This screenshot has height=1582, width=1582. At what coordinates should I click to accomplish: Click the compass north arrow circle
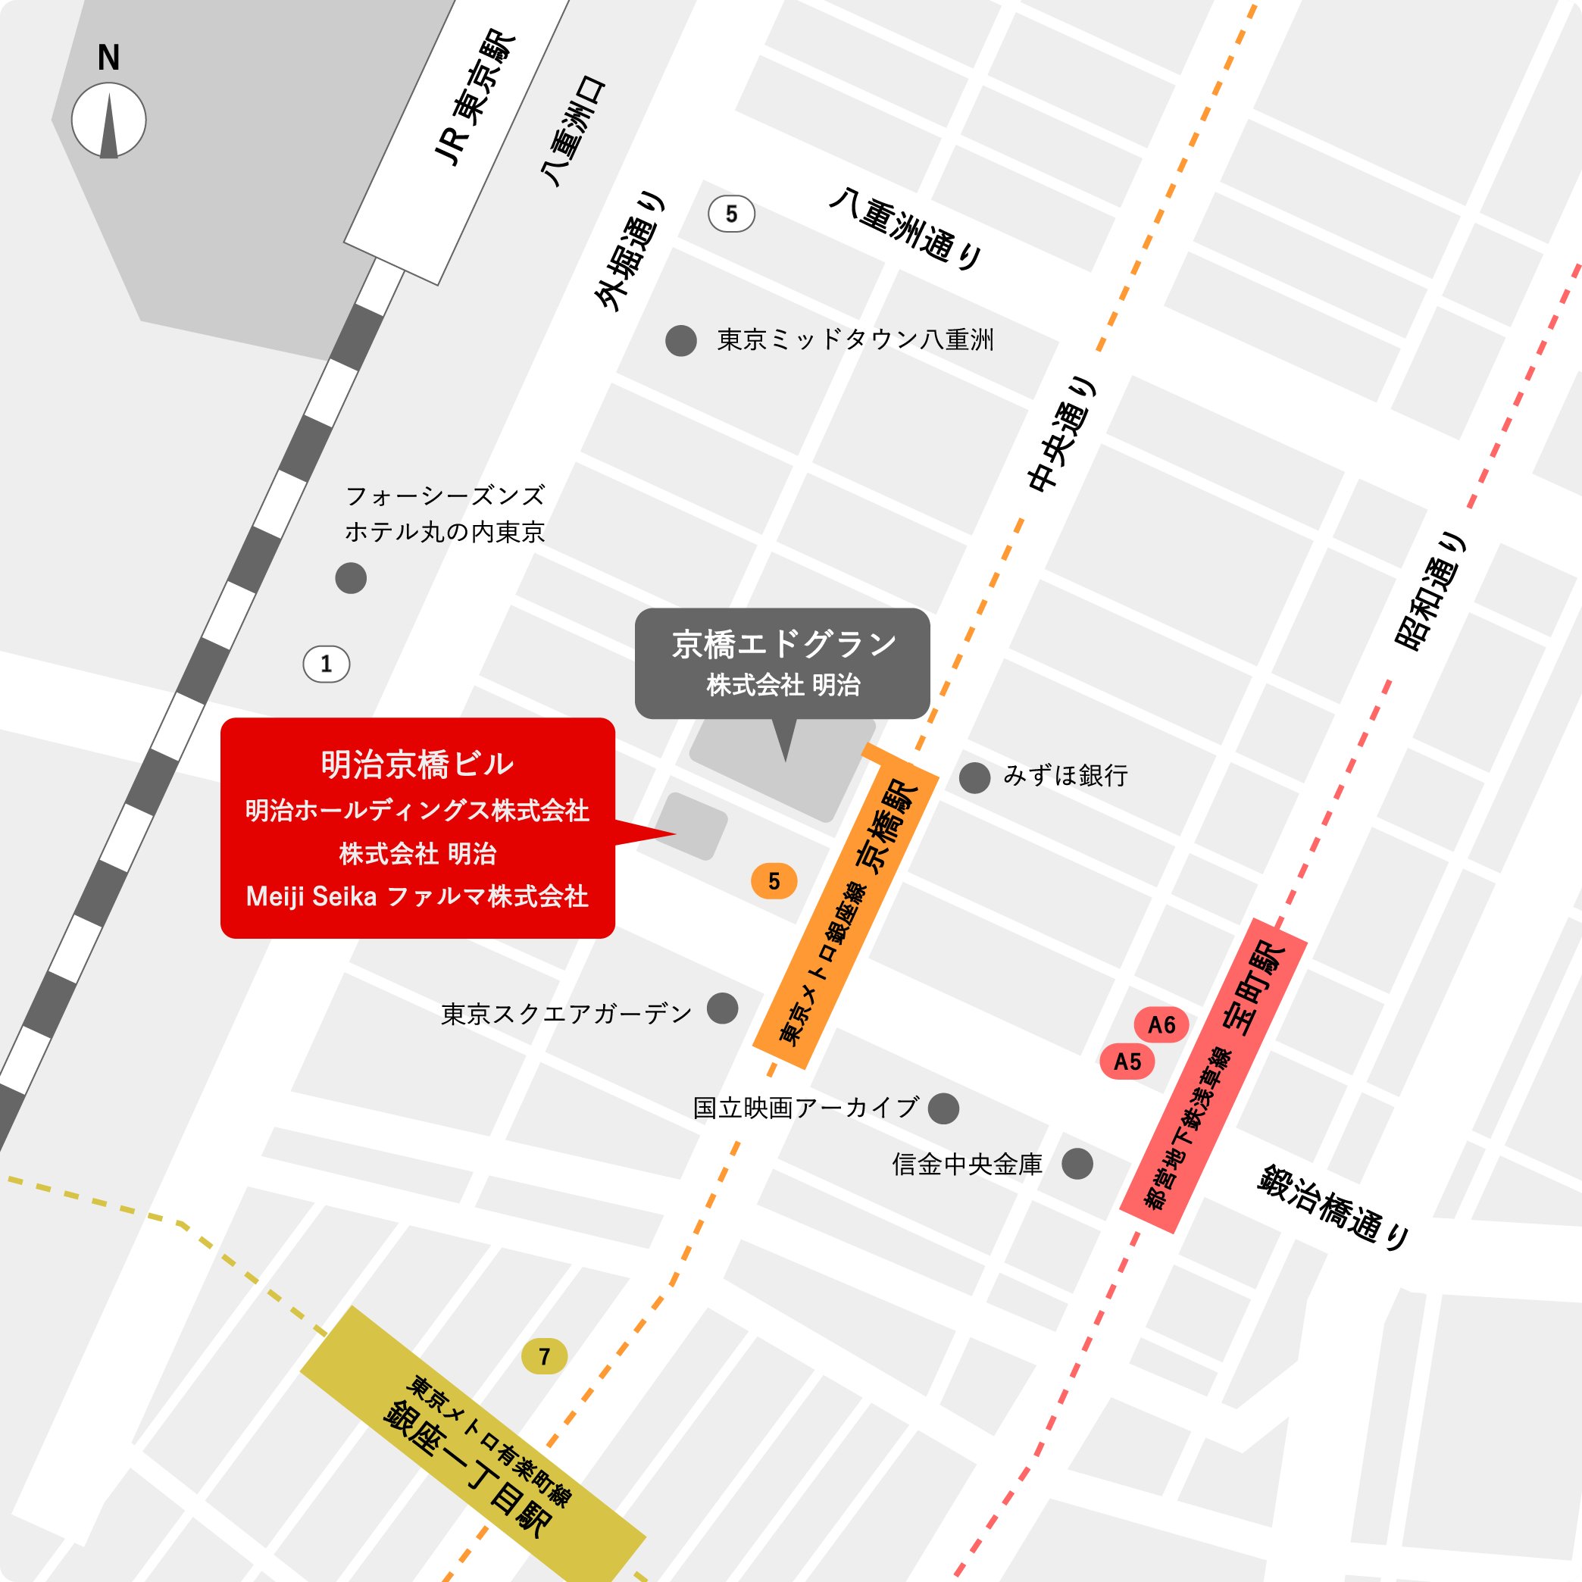coord(109,120)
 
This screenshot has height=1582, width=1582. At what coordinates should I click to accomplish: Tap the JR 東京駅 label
coord(474,98)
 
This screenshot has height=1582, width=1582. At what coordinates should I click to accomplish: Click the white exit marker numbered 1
coord(327,664)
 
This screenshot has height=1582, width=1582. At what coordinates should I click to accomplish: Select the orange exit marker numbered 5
coord(774,881)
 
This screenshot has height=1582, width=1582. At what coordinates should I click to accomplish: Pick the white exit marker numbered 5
coord(731,214)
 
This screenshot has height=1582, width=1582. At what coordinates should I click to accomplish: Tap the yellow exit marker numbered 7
coord(545,1357)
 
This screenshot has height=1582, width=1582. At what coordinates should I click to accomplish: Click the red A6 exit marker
coord(1161,1024)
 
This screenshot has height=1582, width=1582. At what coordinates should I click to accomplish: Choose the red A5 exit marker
coord(1127,1061)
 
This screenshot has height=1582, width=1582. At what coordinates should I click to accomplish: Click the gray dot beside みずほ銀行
coord(974,778)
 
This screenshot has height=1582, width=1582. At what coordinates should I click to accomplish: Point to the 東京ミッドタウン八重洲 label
coord(855,340)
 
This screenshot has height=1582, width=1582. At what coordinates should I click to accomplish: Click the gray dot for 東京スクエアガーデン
coord(722,1008)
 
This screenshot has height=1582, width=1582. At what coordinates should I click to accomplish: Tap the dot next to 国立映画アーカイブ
coord(943,1108)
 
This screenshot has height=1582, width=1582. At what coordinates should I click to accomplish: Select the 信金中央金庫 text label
coord(967,1164)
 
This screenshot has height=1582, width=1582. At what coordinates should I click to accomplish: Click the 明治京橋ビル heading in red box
coord(417,764)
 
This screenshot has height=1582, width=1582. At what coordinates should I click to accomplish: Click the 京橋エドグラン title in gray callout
coord(783,645)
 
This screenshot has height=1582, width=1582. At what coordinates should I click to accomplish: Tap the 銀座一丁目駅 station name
coord(467,1468)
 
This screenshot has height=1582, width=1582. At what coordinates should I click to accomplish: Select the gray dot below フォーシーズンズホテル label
coord(351,578)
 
